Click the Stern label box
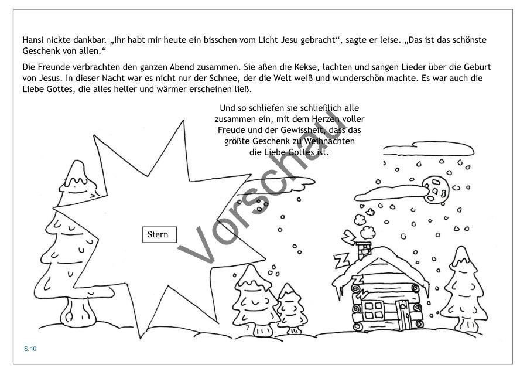click(x=159, y=234)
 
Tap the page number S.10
click(x=30, y=349)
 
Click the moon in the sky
click(x=436, y=190)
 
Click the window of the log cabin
click(x=374, y=310)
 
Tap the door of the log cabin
click(x=403, y=314)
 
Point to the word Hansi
click(x=33, y=40)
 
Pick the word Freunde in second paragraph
click(x=53, y=67)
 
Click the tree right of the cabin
click(x=463, y=289)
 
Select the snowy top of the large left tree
click(x=78, y=178)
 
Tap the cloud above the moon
click(x=428, y=148)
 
